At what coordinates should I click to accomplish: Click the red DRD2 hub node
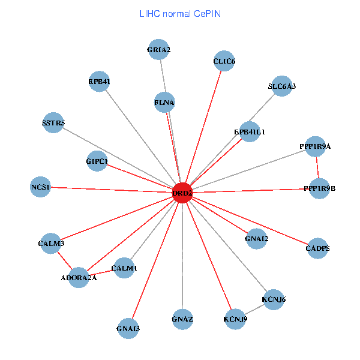[182, 193]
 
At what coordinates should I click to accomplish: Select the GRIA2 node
[159, 50]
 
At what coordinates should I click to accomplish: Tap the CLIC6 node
[224, 61]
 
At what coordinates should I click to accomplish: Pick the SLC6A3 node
[282, 86]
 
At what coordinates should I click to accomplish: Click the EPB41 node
[99, 82]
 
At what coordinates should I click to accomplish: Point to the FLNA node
[164, 103]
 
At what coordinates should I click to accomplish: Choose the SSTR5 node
[53, 123]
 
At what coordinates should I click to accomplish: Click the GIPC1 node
[97, 161]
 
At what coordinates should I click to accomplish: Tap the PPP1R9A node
[315, 146]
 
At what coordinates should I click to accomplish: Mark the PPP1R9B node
[319, 188]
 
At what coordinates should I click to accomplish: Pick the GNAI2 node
[257, 239]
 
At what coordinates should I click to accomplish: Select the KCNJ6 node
[274, 299]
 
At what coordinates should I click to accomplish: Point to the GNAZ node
[182, 318]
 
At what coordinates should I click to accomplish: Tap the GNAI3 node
[128, 328]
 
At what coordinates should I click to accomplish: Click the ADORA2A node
[79, 277]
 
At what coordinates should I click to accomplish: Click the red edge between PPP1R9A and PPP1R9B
[317, 167]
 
